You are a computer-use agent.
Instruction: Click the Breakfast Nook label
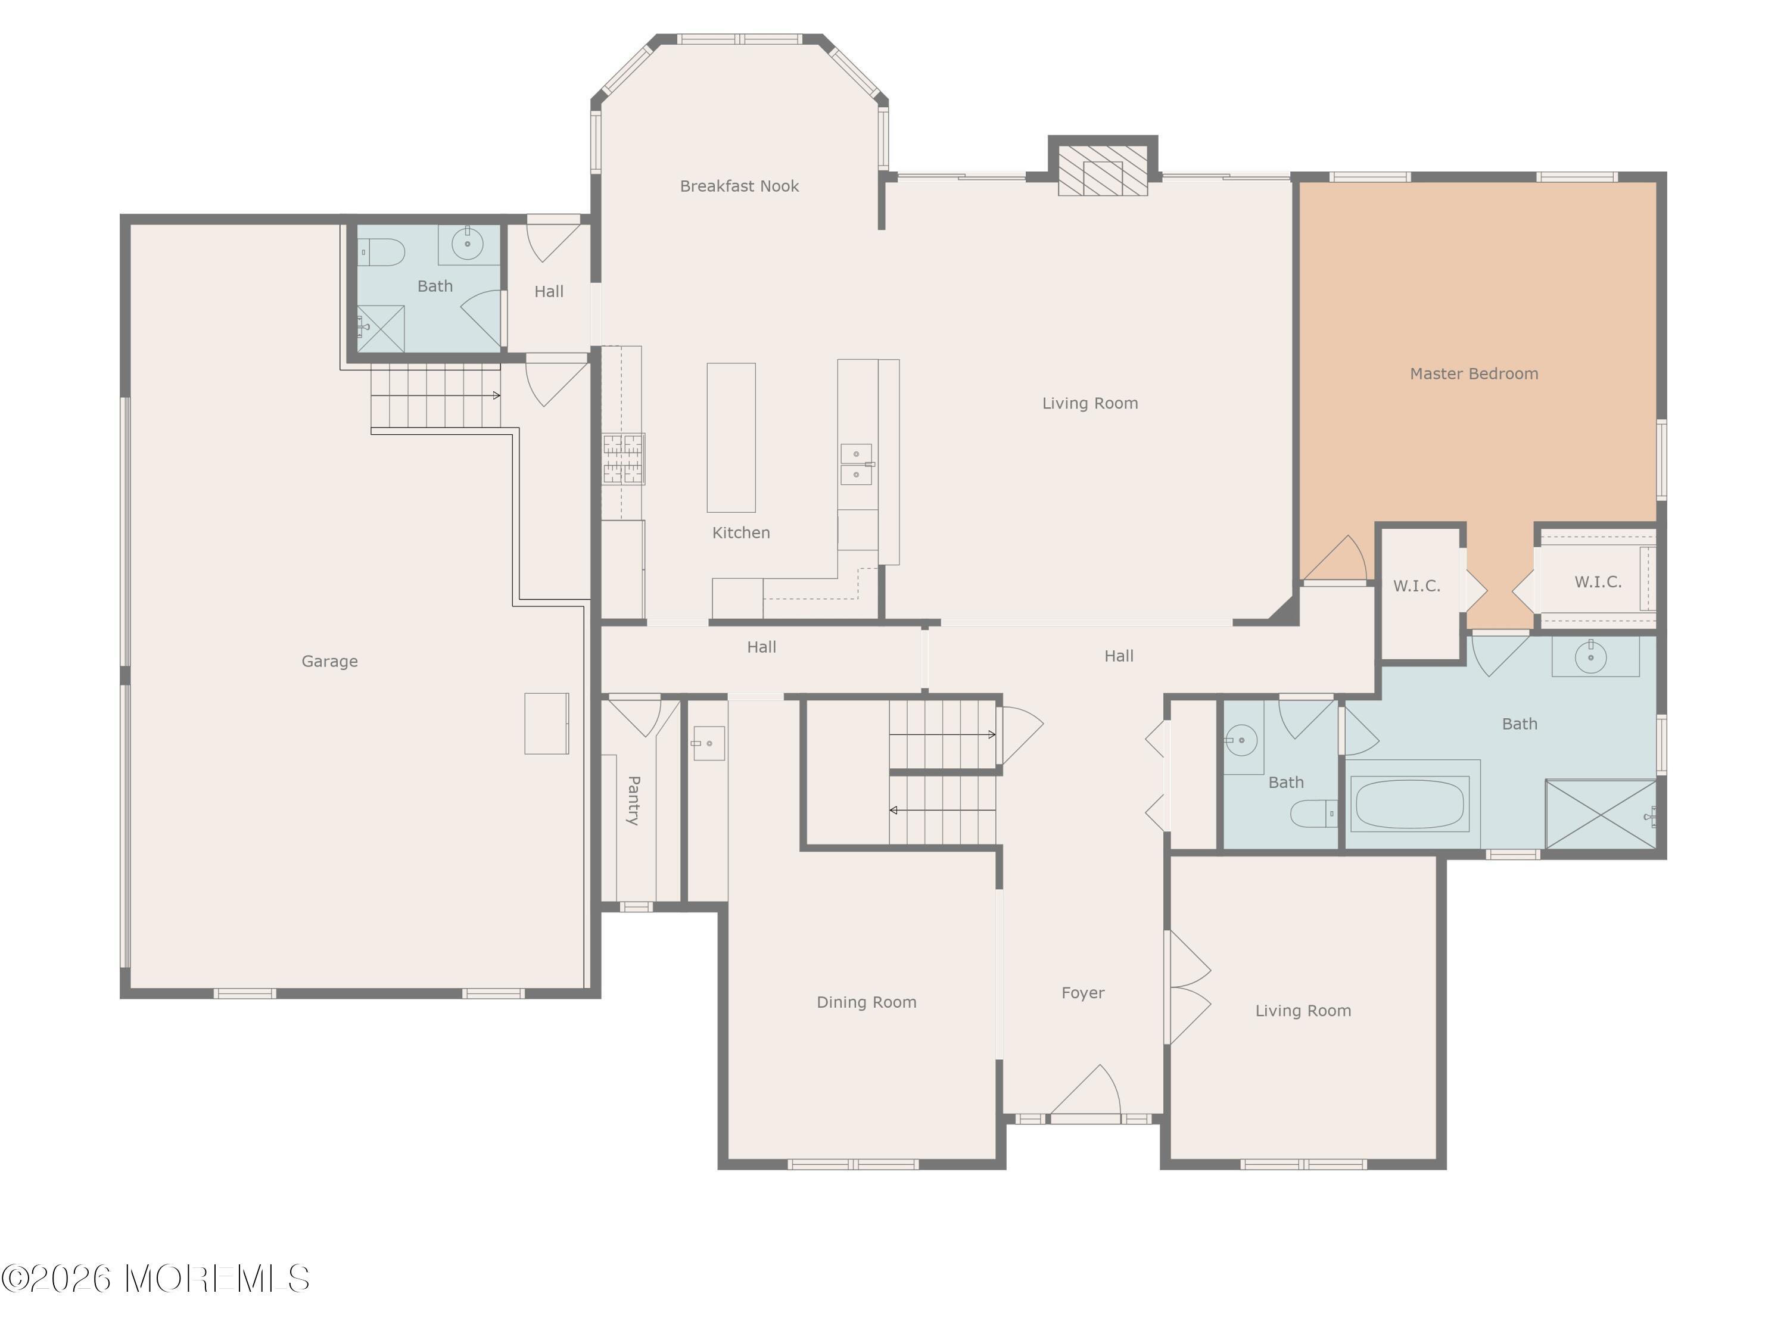coord(739,186)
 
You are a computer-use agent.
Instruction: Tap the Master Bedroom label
coord(1474,373)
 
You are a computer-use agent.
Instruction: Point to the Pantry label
coord(634,800)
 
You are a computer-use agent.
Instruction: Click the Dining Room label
coord(866,1002)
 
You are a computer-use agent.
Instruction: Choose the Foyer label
coord(1082,993)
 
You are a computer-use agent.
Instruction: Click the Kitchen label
coord(741,532)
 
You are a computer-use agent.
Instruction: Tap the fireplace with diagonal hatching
coord(1103,170)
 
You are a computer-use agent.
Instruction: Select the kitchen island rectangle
coord(731,437)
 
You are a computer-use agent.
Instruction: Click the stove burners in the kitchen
coord(624,459)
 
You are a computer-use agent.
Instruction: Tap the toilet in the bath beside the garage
coord(381,252)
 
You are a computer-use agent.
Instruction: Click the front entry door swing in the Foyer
coord(1085,1090)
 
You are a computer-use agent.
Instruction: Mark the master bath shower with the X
coord(1601,814)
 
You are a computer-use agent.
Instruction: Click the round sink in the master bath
coord(1590,657)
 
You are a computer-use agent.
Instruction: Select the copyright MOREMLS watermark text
coord(155,1279)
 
